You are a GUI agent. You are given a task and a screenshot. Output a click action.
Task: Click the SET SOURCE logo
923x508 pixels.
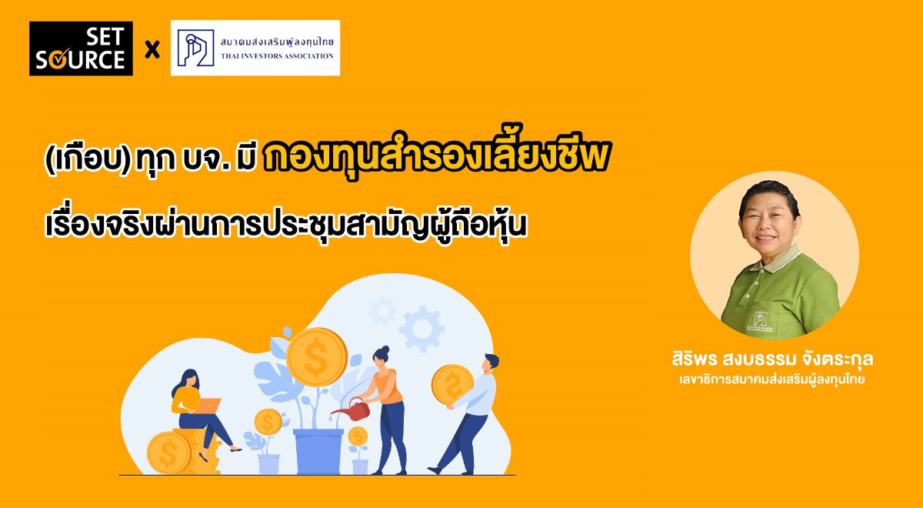click(x=81, y=48)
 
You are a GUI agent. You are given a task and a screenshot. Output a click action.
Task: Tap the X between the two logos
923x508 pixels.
click(x=152, y=49)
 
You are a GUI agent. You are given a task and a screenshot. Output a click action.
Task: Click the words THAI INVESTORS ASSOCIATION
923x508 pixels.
click(x=277, y=56)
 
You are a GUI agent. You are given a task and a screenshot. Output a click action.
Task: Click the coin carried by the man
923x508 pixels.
click(x=452, y=386)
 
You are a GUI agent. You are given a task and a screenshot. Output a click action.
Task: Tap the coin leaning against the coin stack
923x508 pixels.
click(x=168, y=453)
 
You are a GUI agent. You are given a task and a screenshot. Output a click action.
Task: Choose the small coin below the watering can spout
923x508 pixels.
click(x=358, y=437)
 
